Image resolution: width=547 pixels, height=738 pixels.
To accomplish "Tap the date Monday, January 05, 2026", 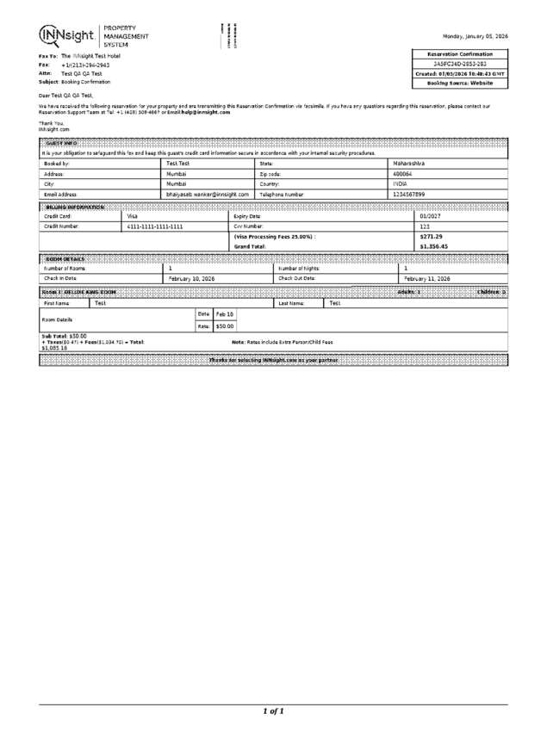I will click(475, 36).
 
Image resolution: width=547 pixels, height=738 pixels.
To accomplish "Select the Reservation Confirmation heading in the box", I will click(460, 53).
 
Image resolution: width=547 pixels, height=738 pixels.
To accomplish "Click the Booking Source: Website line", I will click(460, 84).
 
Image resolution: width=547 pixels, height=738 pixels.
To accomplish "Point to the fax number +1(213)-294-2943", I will click(85, 65).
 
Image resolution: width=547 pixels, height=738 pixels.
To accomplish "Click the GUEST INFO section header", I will click(61, 142).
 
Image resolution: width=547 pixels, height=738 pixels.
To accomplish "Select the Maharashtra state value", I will click(410, 162).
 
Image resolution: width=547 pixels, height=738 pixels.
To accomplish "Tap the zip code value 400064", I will click(403, 173).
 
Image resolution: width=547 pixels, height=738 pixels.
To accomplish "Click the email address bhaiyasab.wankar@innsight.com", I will click(208, 195).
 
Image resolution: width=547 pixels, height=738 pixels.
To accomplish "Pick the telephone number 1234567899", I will click(409, 195).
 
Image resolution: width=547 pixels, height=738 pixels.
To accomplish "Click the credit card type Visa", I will click(133, 216).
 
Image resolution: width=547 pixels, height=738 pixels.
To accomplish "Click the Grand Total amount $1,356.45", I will click(433, 246).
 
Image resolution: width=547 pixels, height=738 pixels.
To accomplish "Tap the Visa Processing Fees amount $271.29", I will click(431, 236).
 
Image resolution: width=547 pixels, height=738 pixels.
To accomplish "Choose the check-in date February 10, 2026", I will click(191, 279).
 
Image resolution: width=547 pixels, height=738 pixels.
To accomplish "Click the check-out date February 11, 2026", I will click(427, 279).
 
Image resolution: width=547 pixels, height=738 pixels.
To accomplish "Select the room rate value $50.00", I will click(224, 326).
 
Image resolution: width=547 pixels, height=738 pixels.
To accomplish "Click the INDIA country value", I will click(400, 183).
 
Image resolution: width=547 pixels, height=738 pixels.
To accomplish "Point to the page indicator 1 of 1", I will click(273, 711).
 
